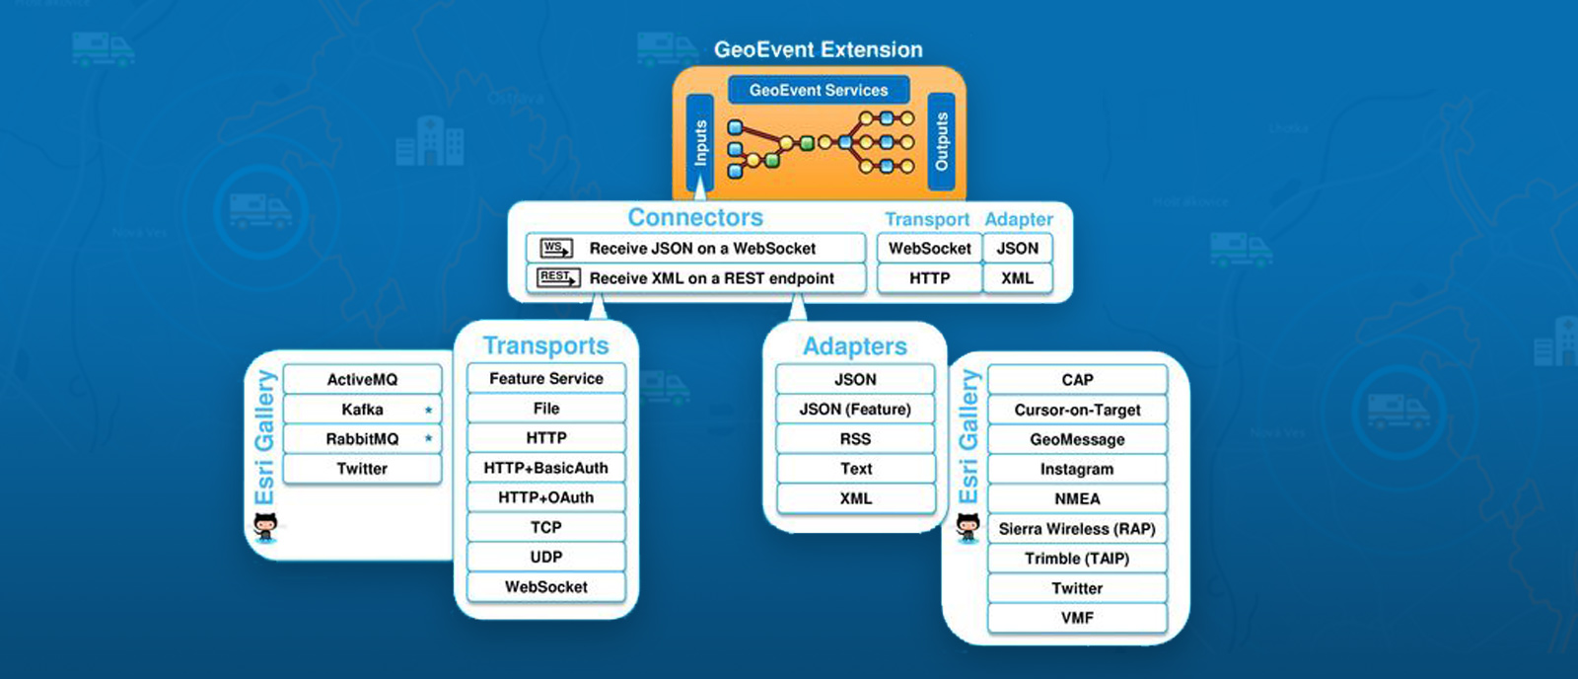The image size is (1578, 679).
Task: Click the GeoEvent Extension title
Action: (818, 49)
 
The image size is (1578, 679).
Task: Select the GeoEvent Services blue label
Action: (818, 90)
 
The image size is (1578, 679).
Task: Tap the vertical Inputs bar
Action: (699, 143)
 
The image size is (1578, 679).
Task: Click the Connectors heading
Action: (695, 217)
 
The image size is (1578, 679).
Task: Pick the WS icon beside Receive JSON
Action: (555, 248)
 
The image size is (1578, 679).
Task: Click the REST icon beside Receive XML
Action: (557, 277)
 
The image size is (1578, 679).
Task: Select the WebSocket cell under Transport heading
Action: (929, 249)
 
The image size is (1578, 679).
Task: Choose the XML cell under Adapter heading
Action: (1017, 278)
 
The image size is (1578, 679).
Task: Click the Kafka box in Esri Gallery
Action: (362, 410)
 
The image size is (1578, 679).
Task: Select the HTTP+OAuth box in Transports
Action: (545, 497)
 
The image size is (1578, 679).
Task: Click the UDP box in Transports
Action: (545, 557)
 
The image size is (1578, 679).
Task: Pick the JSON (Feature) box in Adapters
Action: (855, 409)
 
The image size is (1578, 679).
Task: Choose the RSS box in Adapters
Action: (855, 439)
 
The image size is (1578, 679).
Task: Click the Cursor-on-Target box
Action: (1077, 410)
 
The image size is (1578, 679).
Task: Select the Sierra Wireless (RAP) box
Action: (1077, 529)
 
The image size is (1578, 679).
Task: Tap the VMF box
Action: (1077, 618)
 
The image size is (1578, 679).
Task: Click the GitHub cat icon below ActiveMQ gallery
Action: (265, 527)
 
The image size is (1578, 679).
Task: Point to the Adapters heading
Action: (854, 346)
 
